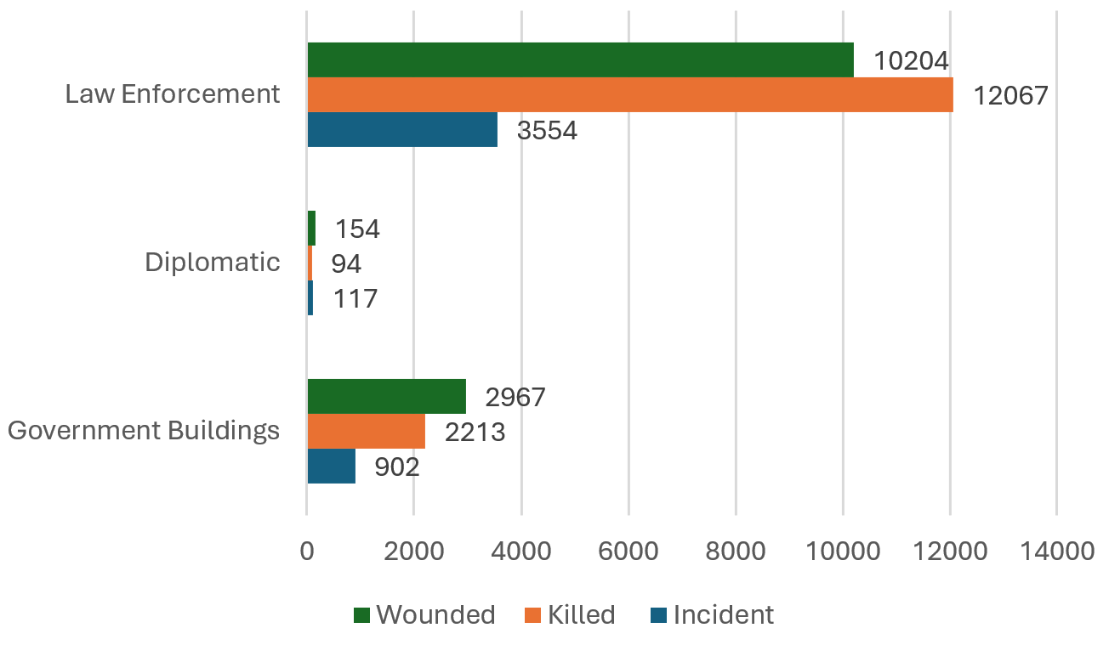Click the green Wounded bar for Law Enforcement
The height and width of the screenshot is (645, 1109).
pos(580,59)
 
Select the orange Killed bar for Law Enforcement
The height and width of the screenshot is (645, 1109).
pos(629,94)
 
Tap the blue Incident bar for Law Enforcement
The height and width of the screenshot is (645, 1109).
pos(402,129)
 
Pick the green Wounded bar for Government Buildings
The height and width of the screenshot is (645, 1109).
pos(386,396)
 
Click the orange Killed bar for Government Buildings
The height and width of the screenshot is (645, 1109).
pos(366,431)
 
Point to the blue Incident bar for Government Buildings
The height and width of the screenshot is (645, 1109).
pos(331,466)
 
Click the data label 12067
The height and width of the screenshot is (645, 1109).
pos(1010,95)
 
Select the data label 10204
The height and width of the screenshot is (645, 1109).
pos(911,60)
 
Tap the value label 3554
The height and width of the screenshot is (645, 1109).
pos(547,130)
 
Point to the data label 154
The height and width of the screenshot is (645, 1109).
pos(357,229)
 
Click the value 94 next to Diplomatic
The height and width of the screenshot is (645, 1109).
pos(346,264)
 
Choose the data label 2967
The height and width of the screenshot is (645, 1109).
pos(515,397)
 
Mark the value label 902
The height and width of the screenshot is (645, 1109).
pos(397,467)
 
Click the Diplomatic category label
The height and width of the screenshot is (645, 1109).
pos(212,262)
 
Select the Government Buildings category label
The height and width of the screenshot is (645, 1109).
pos(144,430)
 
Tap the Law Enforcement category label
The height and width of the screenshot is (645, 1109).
pos(173,93)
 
